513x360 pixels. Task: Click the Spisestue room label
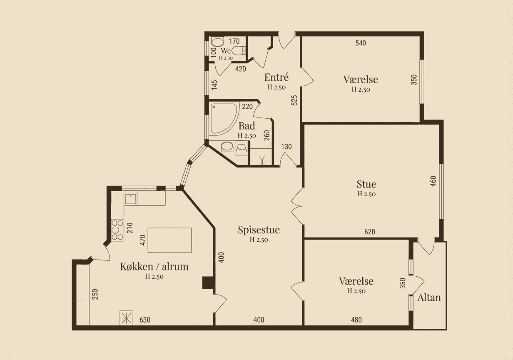coord(259,230)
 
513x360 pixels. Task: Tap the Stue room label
coord(366,184)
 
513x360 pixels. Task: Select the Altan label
coord(429,297)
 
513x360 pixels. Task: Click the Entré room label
coord(276,77)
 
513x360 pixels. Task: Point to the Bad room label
coord(247,126)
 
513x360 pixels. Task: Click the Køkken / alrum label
coord(154,267)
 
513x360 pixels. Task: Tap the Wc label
coord(226,51)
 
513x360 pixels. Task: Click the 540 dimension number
coord(361,43)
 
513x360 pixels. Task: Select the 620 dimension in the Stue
coord(370,232)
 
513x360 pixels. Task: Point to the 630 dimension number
coord(145,320)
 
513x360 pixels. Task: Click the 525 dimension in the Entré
coord(294,100)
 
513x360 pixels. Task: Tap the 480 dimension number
coord(356,320)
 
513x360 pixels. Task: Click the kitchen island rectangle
coord(170,240)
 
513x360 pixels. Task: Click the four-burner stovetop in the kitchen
coord(117,230)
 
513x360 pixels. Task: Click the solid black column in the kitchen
coord(208,283)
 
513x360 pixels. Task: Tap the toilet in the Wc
coord(239,50)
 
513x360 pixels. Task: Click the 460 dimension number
coord(433,181)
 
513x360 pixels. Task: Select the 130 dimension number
coord(286,147)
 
